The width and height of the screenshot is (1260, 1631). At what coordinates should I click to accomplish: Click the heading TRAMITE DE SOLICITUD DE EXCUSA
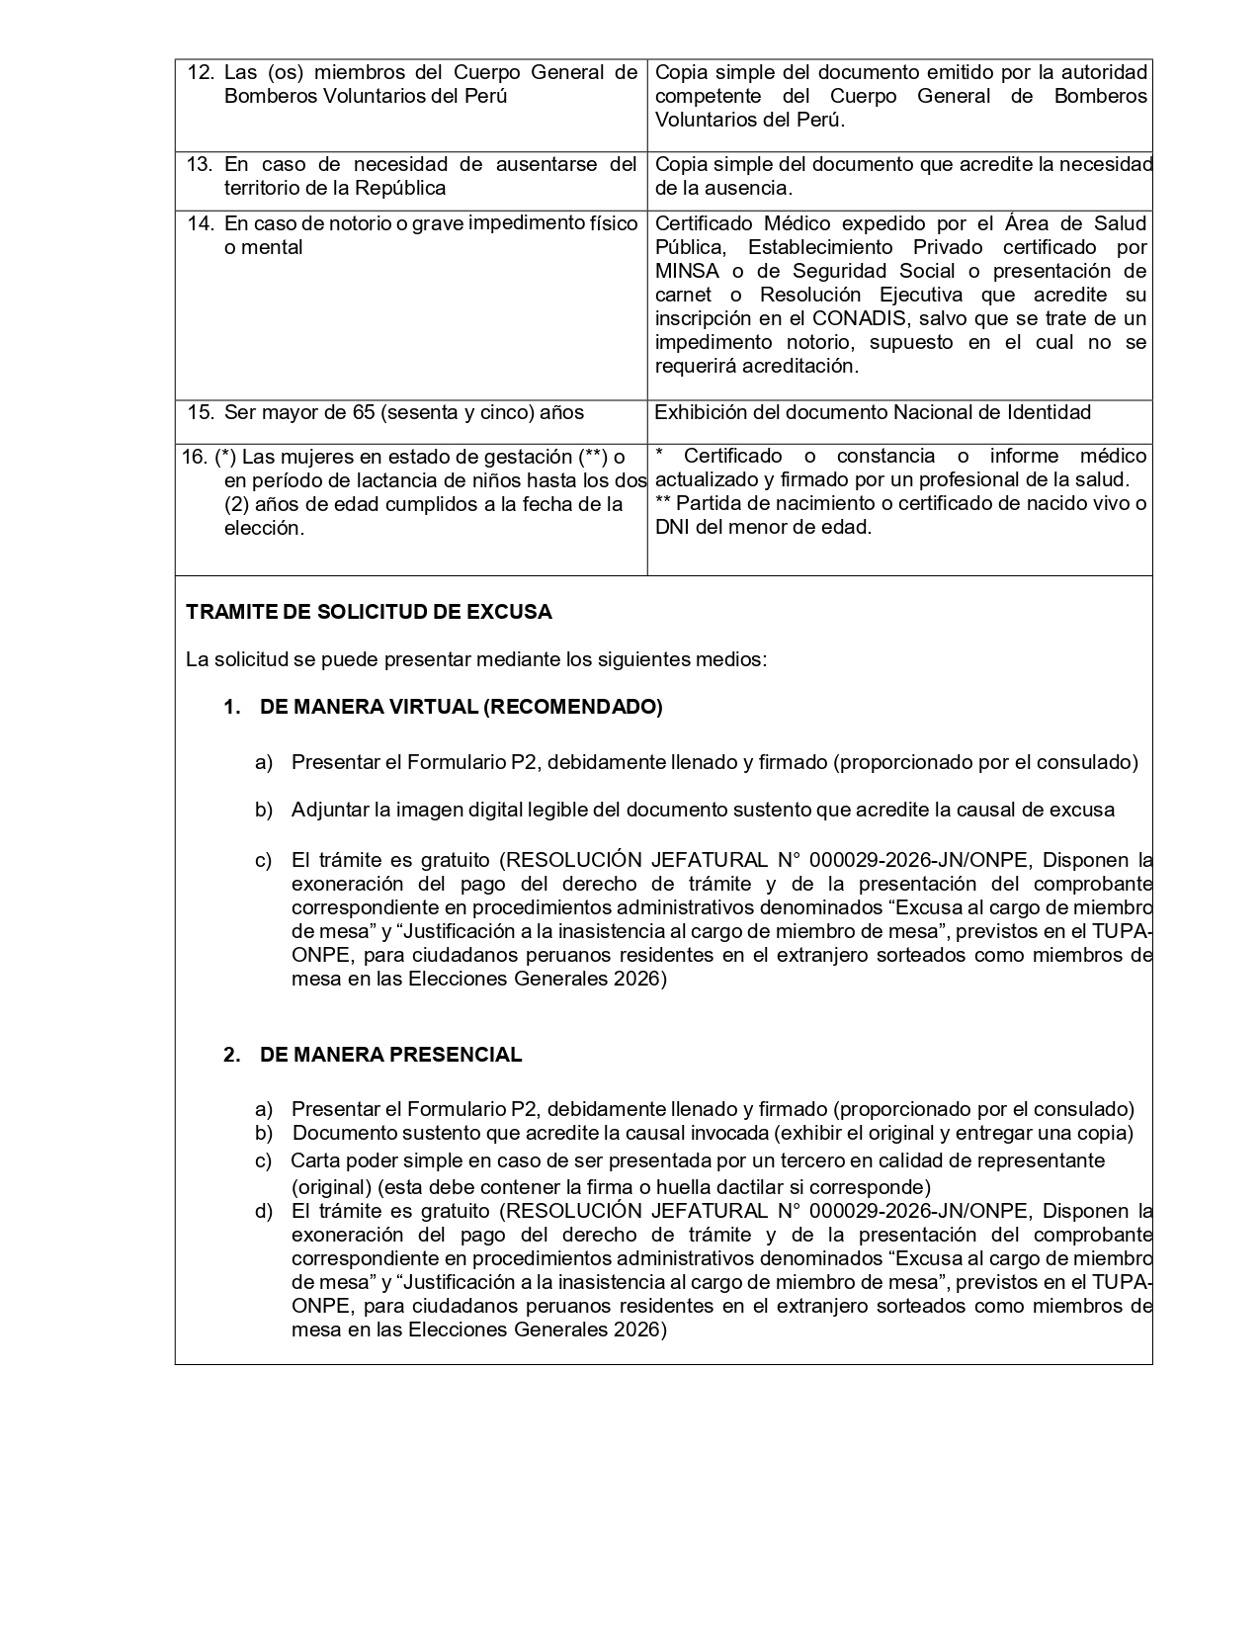click(369, 612)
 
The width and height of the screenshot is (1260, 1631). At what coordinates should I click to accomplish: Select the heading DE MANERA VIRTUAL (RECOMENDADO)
click(461, 707)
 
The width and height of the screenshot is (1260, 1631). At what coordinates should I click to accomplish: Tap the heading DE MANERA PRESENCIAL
click(390, 1055)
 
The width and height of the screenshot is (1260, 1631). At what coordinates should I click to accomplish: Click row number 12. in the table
click(201, 72)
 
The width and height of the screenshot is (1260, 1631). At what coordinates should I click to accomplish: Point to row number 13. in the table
click(201, 164)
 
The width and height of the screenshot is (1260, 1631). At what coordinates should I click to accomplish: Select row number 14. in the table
click(201, 223)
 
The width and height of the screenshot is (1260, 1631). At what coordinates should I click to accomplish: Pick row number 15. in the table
click(201, 412)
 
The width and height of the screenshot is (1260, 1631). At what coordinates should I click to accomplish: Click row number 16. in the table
click(195, 457)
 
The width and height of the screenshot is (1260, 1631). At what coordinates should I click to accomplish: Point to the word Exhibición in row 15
click(704, 412)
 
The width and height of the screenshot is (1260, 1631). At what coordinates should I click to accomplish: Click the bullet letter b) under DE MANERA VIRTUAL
click(263, 811)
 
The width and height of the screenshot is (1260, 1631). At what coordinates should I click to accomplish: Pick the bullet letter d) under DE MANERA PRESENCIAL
click(263, 1212)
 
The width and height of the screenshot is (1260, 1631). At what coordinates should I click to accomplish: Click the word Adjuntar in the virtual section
click(330, 811)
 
